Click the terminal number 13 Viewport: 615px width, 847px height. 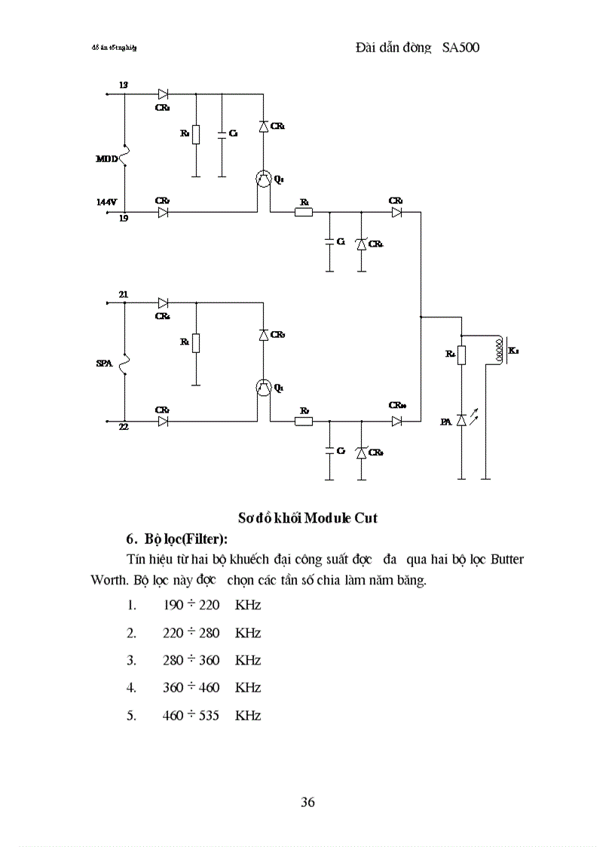[x=124, y=86]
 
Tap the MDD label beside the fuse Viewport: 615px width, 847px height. [x=106, y=158]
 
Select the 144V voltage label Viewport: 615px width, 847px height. [x=107, y=202]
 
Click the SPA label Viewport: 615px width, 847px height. [x=104, y=364]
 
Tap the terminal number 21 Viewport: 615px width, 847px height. [x=124, y=294]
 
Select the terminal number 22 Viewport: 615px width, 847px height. [x=124, y=428]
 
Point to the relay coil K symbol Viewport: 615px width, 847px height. [x=497, y=350]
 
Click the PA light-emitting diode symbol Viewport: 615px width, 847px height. [x=461, y=421]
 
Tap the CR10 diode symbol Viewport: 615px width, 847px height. [x=396, y=421]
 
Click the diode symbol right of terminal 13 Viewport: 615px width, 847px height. [x=162, y=95]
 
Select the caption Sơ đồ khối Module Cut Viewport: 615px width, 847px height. [x=307, y=517]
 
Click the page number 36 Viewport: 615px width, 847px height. [x=307, y=802]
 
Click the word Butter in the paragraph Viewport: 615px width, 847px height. [x=507, y=560]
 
